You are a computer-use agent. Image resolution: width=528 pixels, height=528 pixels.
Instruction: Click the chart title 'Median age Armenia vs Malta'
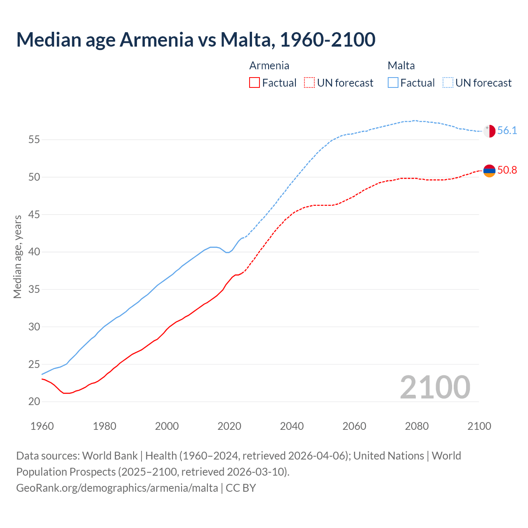tap(196, 40)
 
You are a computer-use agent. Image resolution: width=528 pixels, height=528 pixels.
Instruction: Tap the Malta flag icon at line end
tap(489, 131)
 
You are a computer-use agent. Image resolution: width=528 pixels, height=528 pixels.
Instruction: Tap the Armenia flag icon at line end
tap(489, 170)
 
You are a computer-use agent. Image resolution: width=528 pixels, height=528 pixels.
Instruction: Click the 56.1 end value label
tap(507, 131)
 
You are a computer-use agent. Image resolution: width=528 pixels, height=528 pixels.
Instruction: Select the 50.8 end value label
tap(507, 170)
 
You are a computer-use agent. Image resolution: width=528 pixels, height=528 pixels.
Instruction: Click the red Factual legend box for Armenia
tap(255, 83)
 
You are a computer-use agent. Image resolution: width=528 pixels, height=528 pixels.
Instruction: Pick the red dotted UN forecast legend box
tap(309, 83)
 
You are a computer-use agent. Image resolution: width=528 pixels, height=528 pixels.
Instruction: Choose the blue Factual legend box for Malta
tap(393, 83)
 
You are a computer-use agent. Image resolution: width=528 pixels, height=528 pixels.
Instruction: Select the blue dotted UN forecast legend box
tap(448, 83)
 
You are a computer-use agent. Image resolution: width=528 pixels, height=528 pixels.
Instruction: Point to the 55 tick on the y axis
tap(34, 140)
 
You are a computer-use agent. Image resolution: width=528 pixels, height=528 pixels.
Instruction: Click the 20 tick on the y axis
tap(34, 402)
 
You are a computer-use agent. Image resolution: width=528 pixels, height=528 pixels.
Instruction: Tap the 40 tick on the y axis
tap(34, 252)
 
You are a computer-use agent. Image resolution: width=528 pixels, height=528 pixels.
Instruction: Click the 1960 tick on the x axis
tap(42, 426)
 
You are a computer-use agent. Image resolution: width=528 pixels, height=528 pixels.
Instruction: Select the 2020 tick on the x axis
tap(229, 426)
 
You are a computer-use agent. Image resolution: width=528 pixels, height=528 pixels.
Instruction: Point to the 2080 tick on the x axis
tap(417, 426)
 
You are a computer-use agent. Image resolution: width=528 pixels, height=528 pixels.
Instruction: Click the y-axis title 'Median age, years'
tap(17, 256)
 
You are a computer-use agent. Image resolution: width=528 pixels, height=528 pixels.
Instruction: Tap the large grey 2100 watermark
tap(435, 387)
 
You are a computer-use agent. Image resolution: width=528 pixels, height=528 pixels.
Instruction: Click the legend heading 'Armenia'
tap(269, 66)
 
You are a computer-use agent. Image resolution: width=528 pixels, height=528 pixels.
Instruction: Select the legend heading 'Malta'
tap(401, 66)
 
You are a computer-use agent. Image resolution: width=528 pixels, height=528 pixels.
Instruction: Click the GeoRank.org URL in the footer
tap(117, 488)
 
